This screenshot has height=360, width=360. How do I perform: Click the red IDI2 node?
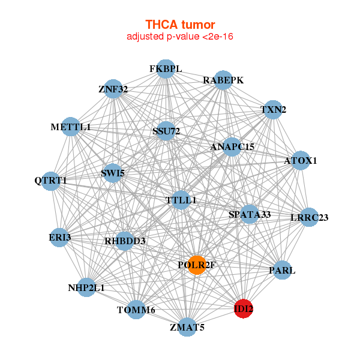(x=244, y=308)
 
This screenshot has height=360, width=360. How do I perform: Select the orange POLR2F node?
(x=197, y=265)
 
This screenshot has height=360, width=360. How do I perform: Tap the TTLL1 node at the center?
(x=181, y=200)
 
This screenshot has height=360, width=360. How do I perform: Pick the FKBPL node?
(x=165, y=69)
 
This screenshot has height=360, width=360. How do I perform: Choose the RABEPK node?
(x=223, y=80)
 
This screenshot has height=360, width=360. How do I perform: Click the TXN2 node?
(x=273, y=110)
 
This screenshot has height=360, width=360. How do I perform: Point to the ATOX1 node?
(x=300, y=160)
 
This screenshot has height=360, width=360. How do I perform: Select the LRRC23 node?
(x=308, y=217)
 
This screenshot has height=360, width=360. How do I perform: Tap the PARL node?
(x=282, y=270)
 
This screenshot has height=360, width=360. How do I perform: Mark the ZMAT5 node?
(x=188, y=327)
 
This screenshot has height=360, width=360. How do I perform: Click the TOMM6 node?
(x=136, y=310)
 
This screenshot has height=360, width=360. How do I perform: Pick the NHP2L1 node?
(x=87, y=287)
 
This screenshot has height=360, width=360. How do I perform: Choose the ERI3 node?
(x=60, y=238)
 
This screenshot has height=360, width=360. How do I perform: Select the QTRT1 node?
(x=51, y=181)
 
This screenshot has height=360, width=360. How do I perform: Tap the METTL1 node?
(x=71, y=127)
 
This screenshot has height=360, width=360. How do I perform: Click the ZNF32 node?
(x=113, y=89)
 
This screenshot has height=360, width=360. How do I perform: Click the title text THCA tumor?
(x=180, y=25)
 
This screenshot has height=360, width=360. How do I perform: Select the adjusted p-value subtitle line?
(x=180, y=37)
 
